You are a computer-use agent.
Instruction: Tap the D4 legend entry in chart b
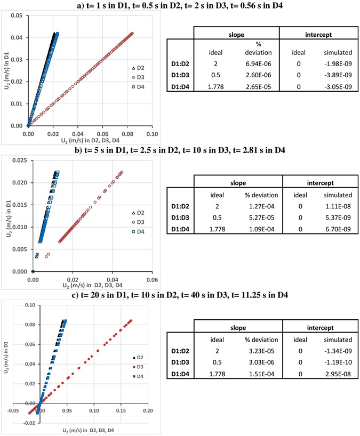140,232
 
